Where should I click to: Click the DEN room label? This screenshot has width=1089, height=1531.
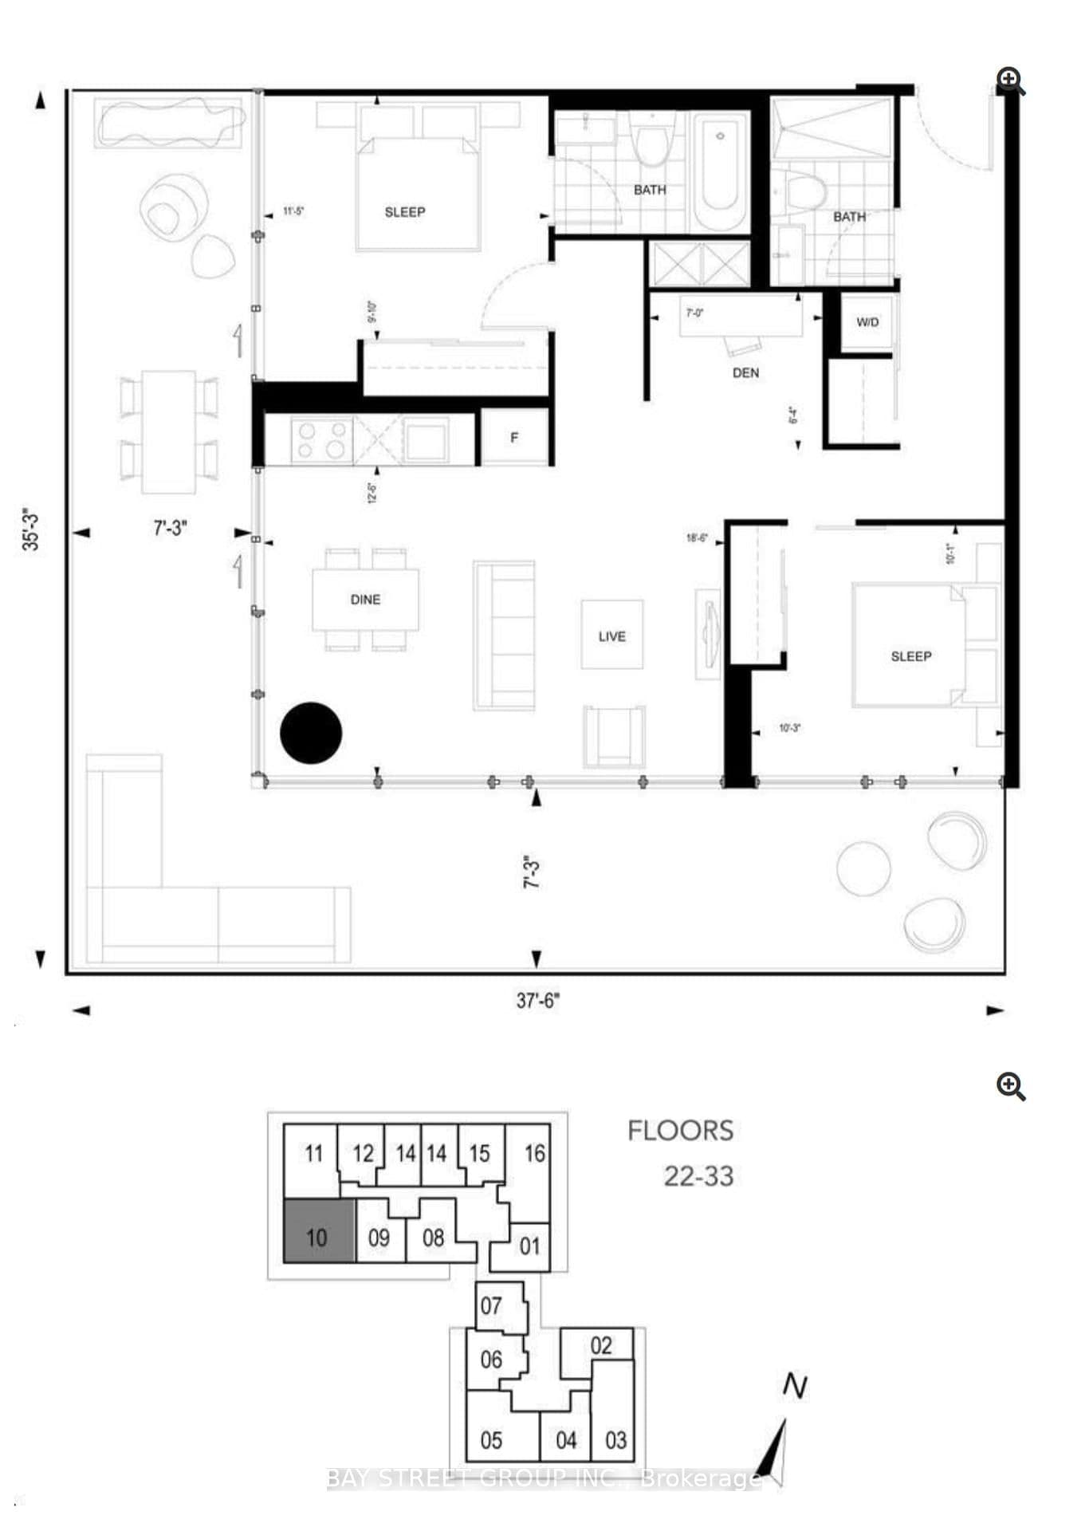tap(745, 372)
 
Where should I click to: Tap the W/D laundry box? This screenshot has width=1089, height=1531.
tap(867, 322)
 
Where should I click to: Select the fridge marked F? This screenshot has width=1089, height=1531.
tap(514, 437)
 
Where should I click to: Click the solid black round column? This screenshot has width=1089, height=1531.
tap(311, 733)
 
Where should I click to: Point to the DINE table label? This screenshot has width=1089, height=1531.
tap(365, 600)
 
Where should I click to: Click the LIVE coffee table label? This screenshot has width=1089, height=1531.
tap(611, 636)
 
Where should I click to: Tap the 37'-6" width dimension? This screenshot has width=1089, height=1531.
tap(537, 1000)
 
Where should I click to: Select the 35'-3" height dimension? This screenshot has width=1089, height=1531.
tap(30, 529)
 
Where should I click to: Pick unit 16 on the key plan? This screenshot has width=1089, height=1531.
tap(533, 1153)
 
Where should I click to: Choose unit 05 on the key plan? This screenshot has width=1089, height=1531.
tap(491, 1440)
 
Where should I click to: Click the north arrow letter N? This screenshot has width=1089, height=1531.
tap(794, 1387)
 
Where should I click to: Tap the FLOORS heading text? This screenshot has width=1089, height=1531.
tap(680, 1131)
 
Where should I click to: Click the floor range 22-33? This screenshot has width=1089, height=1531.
tap(698, 1176)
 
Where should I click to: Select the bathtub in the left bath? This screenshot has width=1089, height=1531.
tap(720, 171)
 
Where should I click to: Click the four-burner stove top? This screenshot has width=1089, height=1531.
tap(322, 440)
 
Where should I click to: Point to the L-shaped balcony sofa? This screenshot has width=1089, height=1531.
tap(159, 901)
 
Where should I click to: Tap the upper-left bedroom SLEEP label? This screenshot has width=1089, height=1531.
tap(405, 212)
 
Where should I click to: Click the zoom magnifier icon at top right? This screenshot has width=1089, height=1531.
tap(1010, 81)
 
